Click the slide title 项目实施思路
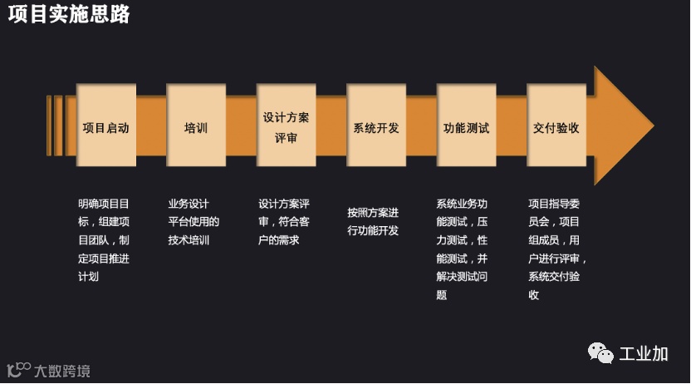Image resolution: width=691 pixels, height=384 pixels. pyautogui.click(x=69, y=15)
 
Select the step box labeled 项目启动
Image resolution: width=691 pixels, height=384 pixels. pyautogui.click(x=105, y=126)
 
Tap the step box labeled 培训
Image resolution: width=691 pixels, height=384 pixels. pyautogui.click(x=196, y=126)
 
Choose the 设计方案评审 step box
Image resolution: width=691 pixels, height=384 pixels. pyautogui.click(x=286, y=126)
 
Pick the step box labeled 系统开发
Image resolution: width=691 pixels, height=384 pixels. pyautogui.click(x=376, y=126)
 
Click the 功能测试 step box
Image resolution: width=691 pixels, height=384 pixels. pyautogui.click(x=466, y=126)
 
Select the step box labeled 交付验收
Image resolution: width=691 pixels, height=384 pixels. pyautogui.click(x=556, y=126)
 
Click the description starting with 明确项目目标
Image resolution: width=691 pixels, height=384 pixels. pyautogui.click(x=104, y=239)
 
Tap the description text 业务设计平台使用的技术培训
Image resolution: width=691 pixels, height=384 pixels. pyautogui.click(x=194, y=221)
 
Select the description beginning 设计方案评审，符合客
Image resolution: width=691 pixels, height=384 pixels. pyautogui.click(x=284, y=221)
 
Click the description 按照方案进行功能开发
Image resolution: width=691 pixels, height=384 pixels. pyautogui.click(x=373, y=221)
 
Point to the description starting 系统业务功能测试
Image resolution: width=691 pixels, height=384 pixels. pyautogui.click(x=462, y=249)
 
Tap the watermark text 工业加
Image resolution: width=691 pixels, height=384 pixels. pyautogui.click(x=644, y=353)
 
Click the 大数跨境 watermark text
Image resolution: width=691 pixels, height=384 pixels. pyautogui.click(x=62, y=370)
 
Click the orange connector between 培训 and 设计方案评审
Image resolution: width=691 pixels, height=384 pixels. pyautogui.click(x=241, y=126)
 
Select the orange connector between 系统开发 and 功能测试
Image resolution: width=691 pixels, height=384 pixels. pyautogui.click(x=421, y=126)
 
